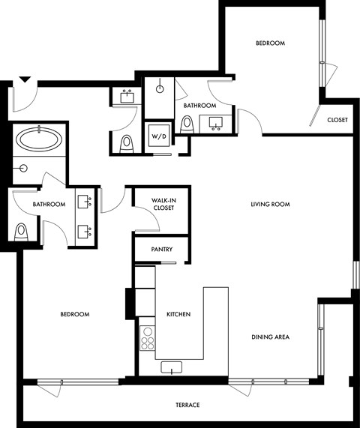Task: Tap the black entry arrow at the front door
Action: tap(24, 79)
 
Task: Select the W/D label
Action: tap(159, 136)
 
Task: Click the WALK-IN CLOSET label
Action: tap(163, 205)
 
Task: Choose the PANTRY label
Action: tap(162, 250)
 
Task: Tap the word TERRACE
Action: tap(187, 406)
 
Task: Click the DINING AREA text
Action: tap(270, 337)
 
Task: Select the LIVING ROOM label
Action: tap(270, 205)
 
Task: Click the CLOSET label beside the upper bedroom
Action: tap(337, 120)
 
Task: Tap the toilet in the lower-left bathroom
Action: tap(22, 231)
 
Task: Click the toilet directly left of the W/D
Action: tap(127, 141)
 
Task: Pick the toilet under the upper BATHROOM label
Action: tap(187, 124)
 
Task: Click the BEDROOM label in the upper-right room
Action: tap(270, 43)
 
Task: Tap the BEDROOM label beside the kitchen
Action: tap(74, 315)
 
